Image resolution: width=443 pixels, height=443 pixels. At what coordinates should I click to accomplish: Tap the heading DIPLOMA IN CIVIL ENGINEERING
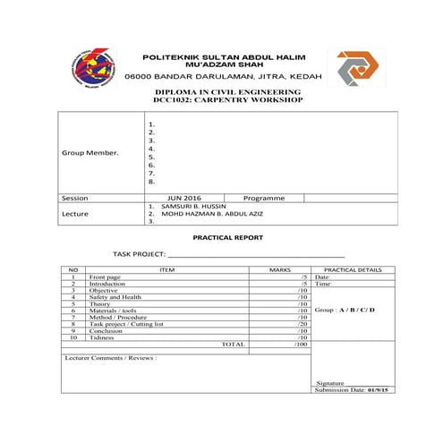click(x=228, y=92)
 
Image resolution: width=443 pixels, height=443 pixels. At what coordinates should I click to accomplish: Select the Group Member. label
click(x=89, y=153)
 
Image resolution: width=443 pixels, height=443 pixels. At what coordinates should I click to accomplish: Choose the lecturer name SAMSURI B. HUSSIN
click(x=193, y=206)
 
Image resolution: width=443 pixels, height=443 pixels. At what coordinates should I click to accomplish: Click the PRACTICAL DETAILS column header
click(x=353, y=269)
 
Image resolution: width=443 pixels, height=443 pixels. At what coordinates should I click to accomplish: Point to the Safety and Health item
click(x=115, y=297)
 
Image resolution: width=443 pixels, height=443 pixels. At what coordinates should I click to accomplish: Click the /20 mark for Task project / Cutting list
click(x=302, y=323)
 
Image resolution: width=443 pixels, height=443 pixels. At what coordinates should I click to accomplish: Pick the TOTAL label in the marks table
click(x=233, y=344)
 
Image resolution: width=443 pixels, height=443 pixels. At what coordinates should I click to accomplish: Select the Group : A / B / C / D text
click(x=345, y=310)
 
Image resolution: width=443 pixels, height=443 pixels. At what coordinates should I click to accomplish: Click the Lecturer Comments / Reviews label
click(x=111, y=357)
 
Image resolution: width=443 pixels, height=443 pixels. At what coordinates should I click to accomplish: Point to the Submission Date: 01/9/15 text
click(x=353, y=389)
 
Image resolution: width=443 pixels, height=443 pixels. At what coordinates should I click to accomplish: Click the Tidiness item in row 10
click(x=102, y=337)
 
